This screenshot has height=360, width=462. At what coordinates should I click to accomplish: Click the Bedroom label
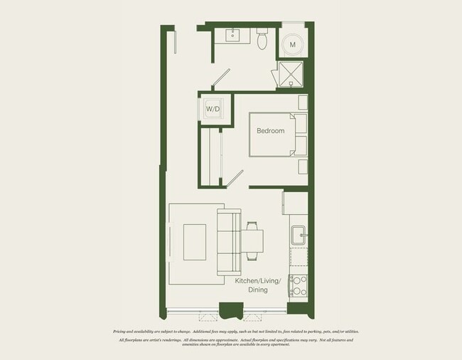click(270, 131)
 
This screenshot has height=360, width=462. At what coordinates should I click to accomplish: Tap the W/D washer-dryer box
click(213, 110)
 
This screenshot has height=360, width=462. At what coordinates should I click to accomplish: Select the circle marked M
click(294, 46)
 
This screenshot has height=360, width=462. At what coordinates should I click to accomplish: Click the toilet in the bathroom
click(262, 40)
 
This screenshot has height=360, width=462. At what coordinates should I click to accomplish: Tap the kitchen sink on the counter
click(299, 233)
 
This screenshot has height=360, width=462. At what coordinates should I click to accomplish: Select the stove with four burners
click(298, 285)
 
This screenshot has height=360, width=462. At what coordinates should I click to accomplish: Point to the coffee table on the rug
click(195, 242)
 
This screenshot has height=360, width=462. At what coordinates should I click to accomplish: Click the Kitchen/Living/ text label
click(258, 282)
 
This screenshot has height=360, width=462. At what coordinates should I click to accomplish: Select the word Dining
click(257, 291)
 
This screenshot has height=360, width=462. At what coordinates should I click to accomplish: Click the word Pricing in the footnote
click(122, 332)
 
